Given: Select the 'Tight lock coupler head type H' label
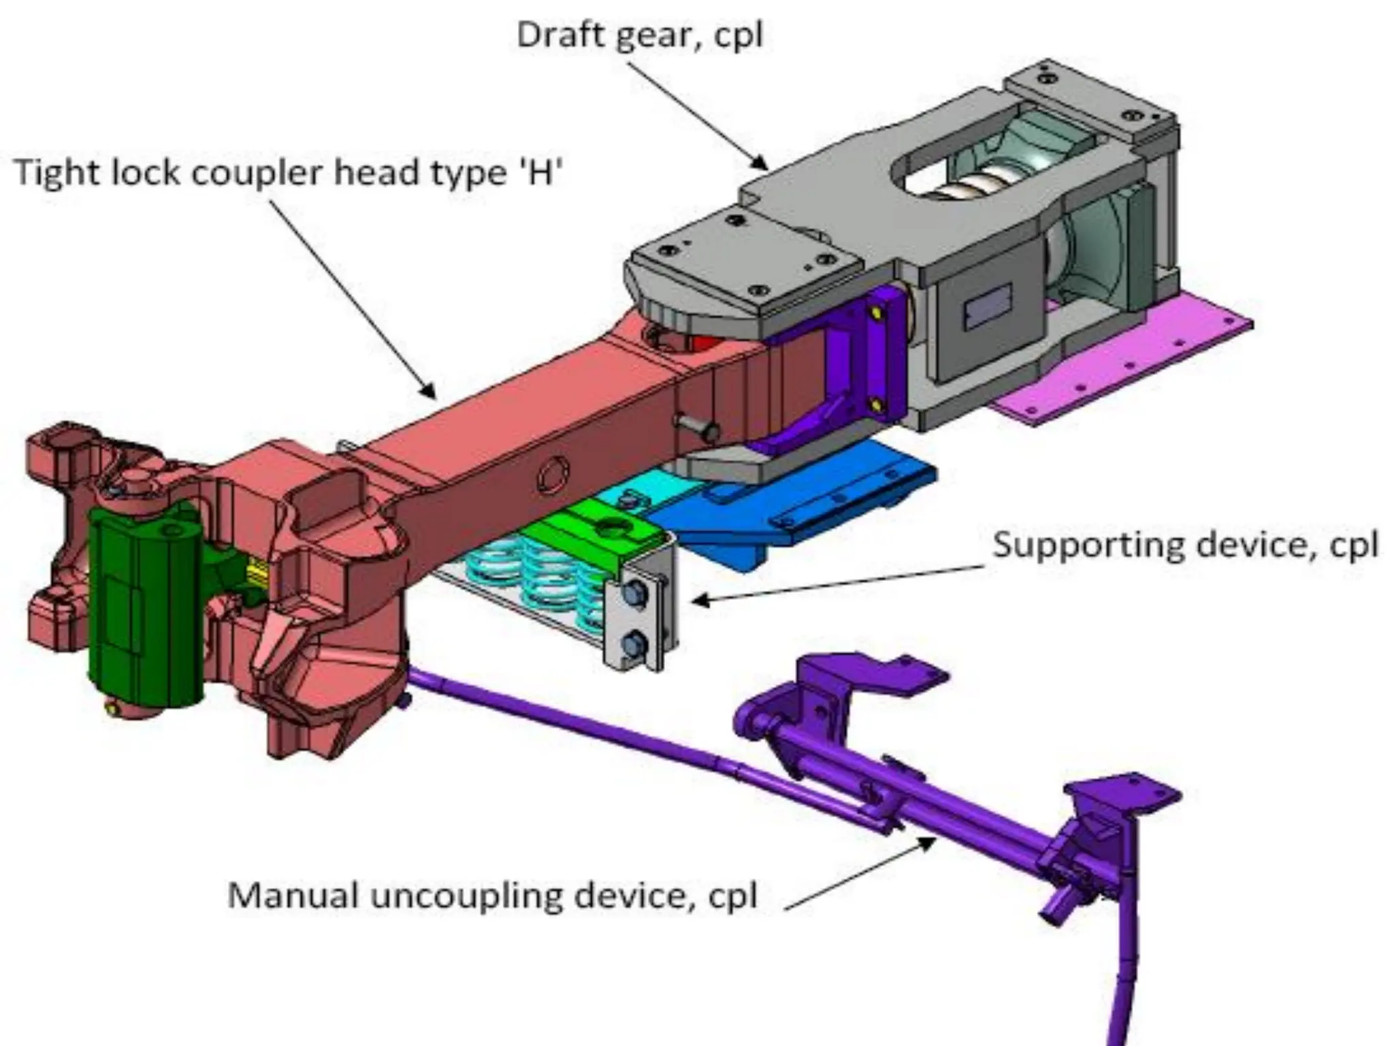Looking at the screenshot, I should click(289, 172).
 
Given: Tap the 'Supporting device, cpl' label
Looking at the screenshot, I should click(1185, 545).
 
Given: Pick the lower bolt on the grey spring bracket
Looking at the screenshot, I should click(634, 643).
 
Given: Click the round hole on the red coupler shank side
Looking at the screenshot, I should click(553, 475).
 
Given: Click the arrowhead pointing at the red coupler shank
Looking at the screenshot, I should click(431, 393).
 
